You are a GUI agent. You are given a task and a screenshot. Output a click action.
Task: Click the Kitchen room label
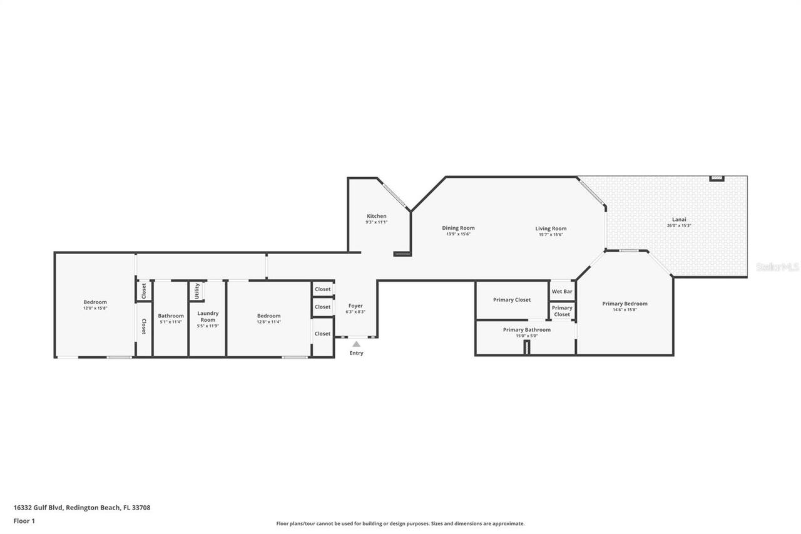(376, 216)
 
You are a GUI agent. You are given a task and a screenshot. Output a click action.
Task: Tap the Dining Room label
(458, 228)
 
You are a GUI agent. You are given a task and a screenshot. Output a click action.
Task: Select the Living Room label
(551, 228)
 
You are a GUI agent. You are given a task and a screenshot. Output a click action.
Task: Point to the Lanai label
(679, 219)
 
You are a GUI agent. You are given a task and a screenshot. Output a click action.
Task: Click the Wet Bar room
(562, 291)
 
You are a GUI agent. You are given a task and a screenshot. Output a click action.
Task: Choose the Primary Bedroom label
(625, 304)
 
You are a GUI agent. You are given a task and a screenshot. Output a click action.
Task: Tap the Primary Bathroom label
(527, 329)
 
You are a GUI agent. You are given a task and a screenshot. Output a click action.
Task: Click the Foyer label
(355, 306)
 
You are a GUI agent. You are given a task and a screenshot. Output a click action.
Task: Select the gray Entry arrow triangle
(356, 344)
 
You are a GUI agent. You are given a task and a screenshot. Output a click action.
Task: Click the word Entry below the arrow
(356, 353)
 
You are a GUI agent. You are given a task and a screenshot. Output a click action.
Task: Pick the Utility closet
(197, 291)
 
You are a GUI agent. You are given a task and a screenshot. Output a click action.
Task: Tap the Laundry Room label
(208, 316)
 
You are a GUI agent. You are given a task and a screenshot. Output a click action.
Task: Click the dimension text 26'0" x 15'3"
(679, 225)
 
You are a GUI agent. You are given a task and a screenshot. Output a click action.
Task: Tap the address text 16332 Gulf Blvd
(38, 508)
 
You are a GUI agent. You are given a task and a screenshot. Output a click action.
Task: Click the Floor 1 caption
(24, 520)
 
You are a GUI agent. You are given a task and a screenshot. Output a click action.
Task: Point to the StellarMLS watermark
(777, 267)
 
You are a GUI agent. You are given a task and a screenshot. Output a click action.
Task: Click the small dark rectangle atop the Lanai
(717, 178)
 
